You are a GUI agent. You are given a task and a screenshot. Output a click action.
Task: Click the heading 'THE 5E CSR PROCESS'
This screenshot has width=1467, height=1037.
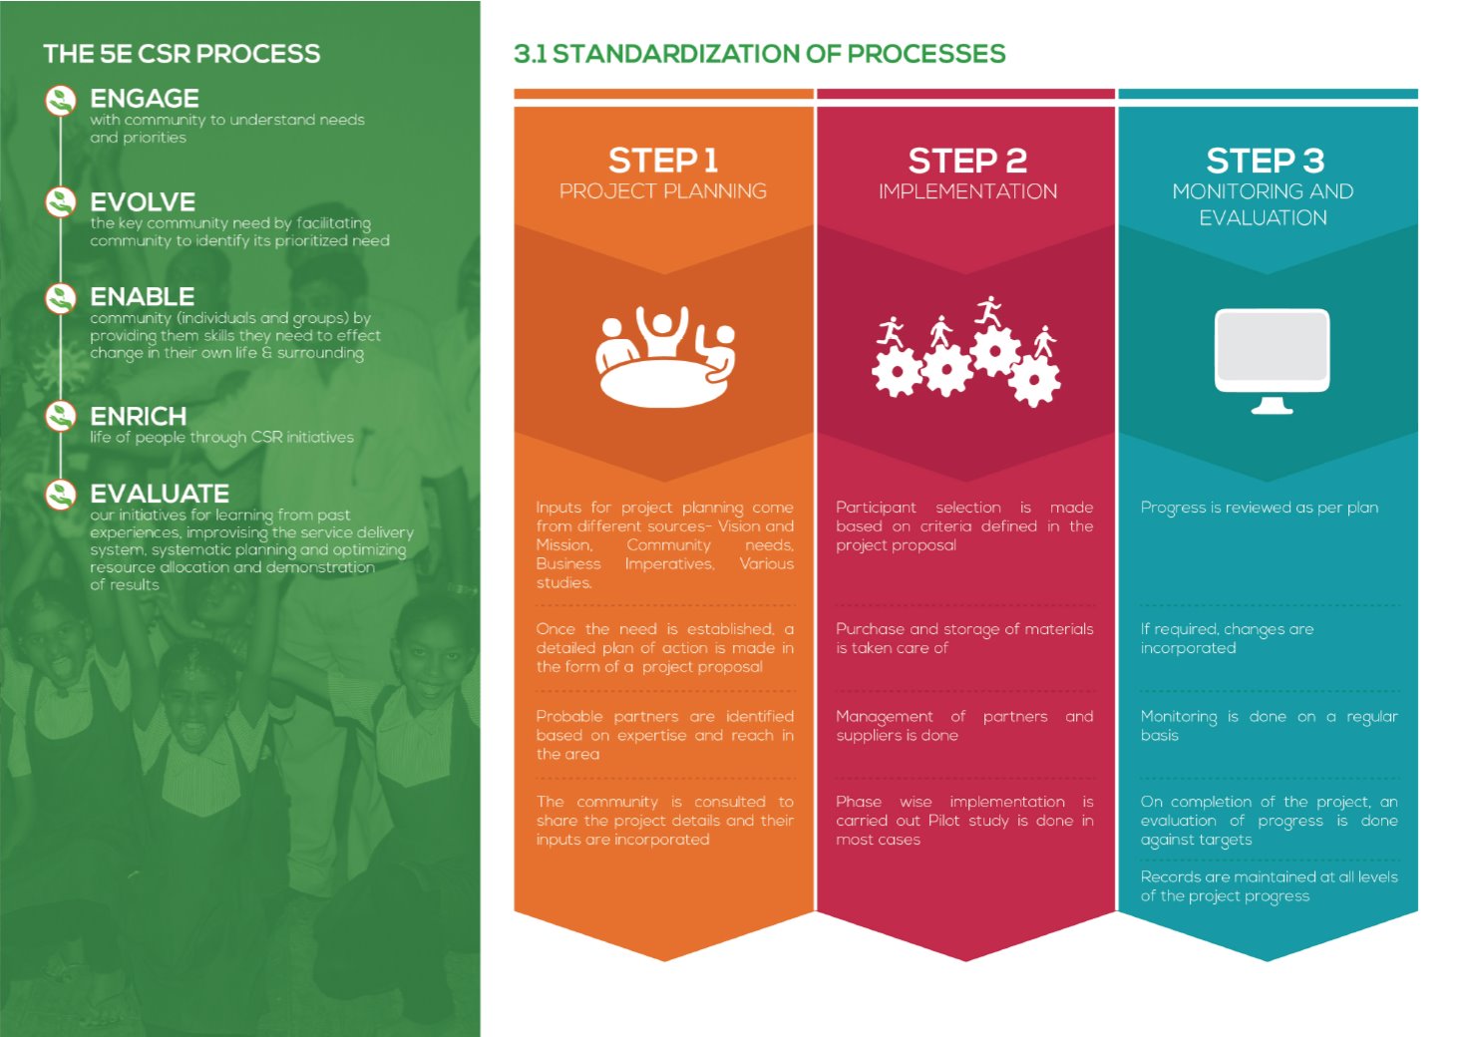click(182, 54)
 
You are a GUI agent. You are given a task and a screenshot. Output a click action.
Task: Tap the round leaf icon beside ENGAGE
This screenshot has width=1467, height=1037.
click(61, 101)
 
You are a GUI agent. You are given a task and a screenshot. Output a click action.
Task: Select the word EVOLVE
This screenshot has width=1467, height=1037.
click(143, 201)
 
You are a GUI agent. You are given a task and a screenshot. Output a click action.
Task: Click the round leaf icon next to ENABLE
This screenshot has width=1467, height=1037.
click(61, 298)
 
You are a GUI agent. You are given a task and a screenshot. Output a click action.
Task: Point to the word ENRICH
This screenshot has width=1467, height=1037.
click(139, 417)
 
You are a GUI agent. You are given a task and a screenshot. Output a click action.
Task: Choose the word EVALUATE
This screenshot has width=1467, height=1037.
click(160, 494)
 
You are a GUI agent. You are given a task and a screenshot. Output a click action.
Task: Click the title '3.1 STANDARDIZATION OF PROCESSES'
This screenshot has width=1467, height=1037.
click(760, 54)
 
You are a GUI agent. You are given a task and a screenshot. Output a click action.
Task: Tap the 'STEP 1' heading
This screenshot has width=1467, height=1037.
click(663, 162)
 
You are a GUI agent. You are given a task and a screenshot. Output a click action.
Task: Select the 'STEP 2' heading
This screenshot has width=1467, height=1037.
click(967, 162)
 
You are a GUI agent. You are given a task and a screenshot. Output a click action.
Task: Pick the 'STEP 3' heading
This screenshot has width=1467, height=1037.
click(1266, 162)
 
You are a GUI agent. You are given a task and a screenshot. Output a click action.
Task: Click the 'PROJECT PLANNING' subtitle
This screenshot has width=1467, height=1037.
click(663, 191)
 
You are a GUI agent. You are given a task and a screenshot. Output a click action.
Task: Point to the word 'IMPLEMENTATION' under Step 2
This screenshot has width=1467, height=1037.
click(968, 191)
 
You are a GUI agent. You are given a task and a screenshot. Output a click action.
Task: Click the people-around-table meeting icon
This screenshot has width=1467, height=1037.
click(665, 357)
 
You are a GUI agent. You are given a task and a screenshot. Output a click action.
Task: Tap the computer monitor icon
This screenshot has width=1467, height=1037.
click(1272, 361)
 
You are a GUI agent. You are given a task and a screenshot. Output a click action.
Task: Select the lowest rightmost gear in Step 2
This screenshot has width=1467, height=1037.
click(1034, 381)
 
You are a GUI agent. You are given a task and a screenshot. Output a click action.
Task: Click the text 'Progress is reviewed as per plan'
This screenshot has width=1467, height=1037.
click(1260, 508)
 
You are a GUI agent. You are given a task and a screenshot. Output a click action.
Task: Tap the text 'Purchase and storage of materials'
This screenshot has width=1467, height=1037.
click(964, 629)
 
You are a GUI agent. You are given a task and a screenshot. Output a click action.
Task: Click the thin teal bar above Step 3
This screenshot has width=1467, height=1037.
click(1268, 94)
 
